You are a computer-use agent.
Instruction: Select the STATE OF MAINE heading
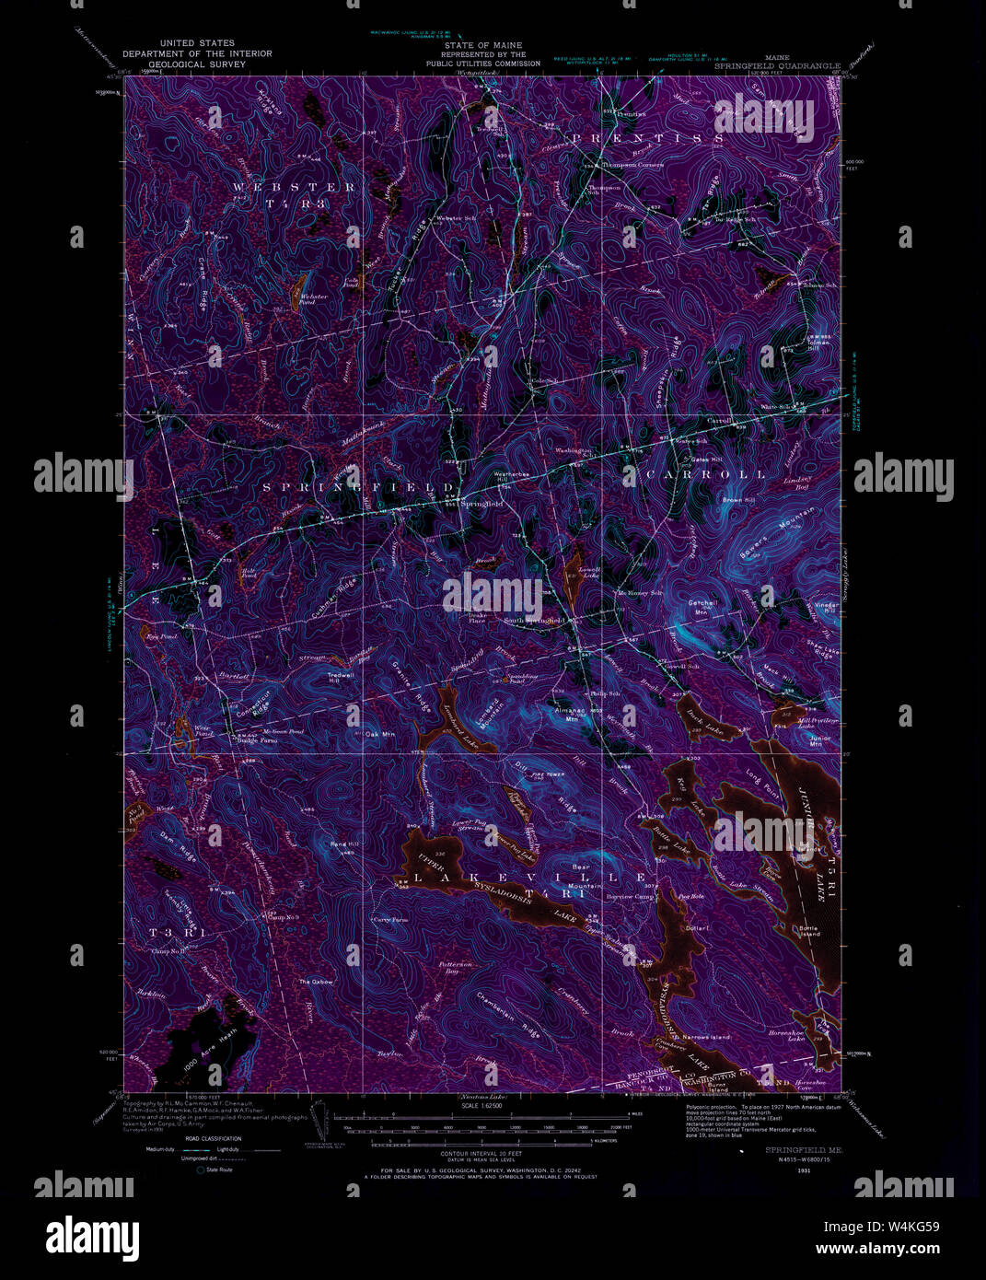point(482,45)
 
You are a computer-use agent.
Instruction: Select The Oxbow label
point(315,982)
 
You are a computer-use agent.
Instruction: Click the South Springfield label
point(533,621)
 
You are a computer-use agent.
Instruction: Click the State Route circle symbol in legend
point(199,1169)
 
